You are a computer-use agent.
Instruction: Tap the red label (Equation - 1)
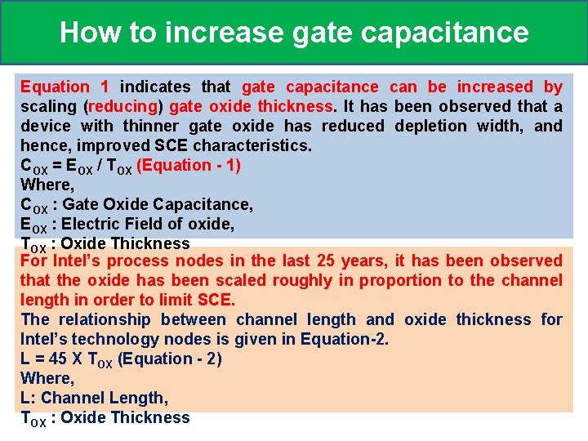189,165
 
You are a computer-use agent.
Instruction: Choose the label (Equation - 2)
170,359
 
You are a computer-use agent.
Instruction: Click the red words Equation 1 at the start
65,87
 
